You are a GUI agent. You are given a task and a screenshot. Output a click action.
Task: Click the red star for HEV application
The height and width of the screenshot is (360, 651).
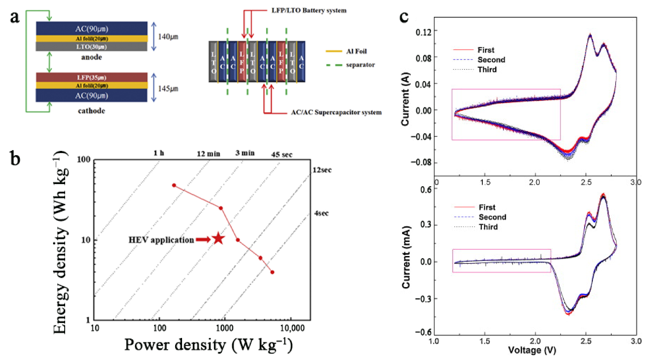click(218, 238)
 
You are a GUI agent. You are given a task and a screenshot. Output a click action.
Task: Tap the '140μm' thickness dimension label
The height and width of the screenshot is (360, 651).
click(168, 37)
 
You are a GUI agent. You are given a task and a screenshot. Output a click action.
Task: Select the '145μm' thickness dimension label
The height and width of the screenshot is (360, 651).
click(168, 89)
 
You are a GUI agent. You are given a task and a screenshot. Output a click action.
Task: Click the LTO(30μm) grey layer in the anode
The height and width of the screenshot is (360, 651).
click(91, 47)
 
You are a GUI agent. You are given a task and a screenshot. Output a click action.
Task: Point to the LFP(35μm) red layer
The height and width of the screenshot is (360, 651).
click(91, 77)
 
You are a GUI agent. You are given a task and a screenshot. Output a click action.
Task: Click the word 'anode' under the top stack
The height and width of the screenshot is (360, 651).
click(91, 57)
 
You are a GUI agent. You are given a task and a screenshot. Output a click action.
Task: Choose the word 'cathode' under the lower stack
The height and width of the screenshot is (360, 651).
click(91, 111)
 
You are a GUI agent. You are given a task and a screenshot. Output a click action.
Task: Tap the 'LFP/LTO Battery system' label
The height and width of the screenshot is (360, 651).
click(308, 10)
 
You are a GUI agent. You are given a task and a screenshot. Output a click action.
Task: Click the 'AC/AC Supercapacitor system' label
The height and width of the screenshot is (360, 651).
click(336, 113)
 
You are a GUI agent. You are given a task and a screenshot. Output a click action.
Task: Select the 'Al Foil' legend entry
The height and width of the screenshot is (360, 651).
click(356, 51)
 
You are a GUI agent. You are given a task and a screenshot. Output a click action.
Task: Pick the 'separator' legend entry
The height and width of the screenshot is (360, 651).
click(360, 65)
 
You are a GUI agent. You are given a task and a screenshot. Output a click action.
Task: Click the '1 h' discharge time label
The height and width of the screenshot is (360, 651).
click(159, 153)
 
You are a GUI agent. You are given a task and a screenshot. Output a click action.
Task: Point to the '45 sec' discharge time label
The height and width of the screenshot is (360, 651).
click(281, 154)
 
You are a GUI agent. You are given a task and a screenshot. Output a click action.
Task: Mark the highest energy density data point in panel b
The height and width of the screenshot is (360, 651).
click(174, 185)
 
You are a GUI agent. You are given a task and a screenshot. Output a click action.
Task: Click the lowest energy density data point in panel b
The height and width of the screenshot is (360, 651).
click(272, 272)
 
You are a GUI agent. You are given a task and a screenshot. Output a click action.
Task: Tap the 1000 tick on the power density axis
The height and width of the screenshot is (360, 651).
click(224, 328)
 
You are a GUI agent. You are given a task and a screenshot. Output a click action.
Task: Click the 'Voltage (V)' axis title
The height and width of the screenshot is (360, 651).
click(532, 350)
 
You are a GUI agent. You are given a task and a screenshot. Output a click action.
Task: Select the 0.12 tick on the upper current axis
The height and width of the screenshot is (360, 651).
click(424, 31)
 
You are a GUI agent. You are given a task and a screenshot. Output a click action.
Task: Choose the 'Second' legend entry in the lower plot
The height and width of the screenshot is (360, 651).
click(492, 217)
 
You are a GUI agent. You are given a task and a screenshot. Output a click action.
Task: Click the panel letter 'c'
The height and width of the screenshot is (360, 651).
click(404, 17)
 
